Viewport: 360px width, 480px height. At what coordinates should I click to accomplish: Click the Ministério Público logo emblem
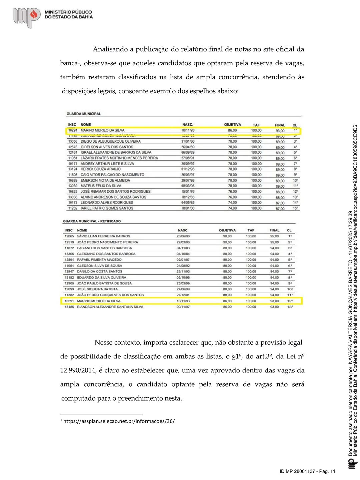coord(27,17)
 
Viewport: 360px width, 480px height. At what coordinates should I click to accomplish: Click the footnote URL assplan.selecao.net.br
coord(119,421)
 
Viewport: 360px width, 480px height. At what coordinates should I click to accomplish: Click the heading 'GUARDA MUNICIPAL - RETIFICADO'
coord(92,221)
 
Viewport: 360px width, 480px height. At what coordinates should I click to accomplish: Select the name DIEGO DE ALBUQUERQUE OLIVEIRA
coord(111,141)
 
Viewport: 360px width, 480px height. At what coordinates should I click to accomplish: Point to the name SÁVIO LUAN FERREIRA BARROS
coord(104,236)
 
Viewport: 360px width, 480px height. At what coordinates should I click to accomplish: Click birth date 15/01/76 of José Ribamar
coord(188,191)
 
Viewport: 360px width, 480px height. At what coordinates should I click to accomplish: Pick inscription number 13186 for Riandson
coord(69,307)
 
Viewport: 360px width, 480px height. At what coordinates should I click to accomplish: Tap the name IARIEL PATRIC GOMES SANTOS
coord(107,208)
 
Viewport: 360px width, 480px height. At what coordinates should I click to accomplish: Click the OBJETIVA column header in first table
coord(232,125)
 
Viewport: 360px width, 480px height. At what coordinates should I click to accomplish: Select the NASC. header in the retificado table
coord(183,230)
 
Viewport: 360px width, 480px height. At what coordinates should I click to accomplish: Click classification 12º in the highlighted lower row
coord(290,301)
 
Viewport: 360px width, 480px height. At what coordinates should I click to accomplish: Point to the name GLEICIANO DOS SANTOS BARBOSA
coord(106,254)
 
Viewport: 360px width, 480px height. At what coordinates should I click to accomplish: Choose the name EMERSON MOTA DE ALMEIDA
coord(105,180)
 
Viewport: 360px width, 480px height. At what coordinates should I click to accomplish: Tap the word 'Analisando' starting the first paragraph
coord(110,49)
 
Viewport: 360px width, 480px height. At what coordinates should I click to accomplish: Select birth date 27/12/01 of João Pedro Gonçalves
coord(183,295)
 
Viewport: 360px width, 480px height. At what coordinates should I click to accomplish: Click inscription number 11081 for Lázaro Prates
coord(73,158)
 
